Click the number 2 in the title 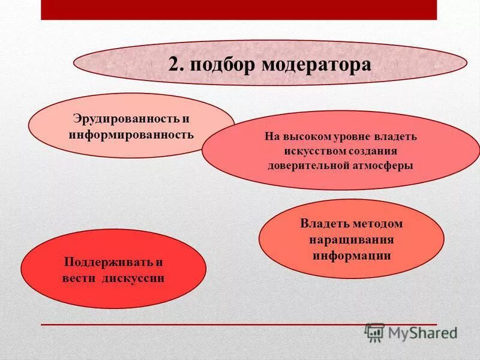coord(174,64)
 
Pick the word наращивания coord(352,239)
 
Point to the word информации coord(352,255)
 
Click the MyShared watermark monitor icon coord(375,332)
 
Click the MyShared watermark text coord(422,332)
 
